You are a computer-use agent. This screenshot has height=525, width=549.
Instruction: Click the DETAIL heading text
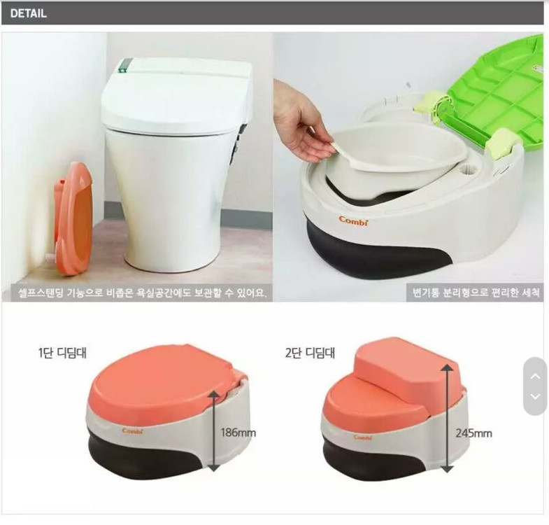tap(29, 13)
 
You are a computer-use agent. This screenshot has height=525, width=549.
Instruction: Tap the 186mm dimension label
tap(238, 433)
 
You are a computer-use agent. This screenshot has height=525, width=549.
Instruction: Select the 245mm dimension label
tap(473, 433)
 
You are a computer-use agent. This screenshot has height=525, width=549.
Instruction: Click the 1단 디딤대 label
tap(62, 353)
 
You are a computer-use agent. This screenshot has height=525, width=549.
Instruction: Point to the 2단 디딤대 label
tap(310, 353)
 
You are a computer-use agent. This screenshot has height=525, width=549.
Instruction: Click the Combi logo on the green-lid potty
tap(354, 220)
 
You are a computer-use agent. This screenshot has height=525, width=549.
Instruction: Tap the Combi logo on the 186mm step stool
tap(133, 430)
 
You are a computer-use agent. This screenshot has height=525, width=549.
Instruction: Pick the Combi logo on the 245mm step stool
tap(363, 437)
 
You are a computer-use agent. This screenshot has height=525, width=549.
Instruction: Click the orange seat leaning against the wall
tap(73, 218)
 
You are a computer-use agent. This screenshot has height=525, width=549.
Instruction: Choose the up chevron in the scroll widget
tap(535, 377)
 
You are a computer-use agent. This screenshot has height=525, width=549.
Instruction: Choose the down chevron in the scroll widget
tap(535, 396)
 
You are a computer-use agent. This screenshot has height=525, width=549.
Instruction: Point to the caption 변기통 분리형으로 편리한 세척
tap(476, 293)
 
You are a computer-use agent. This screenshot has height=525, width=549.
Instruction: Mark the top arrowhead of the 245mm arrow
tap(447, 367)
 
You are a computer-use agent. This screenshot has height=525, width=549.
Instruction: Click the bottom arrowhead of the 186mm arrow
tap(214, 468)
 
